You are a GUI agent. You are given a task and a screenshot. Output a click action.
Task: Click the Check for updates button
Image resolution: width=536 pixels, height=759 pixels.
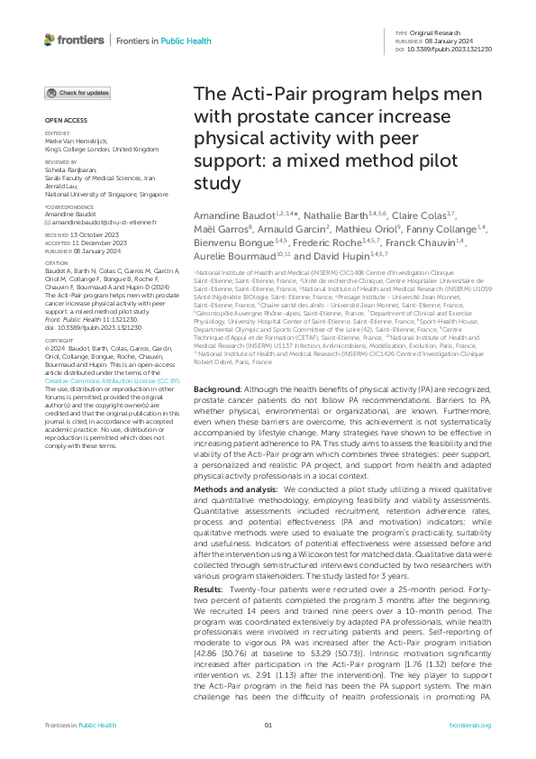pos(78,93)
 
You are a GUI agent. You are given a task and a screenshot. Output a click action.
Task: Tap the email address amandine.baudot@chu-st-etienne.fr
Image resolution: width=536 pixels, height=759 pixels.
pos(94,221)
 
